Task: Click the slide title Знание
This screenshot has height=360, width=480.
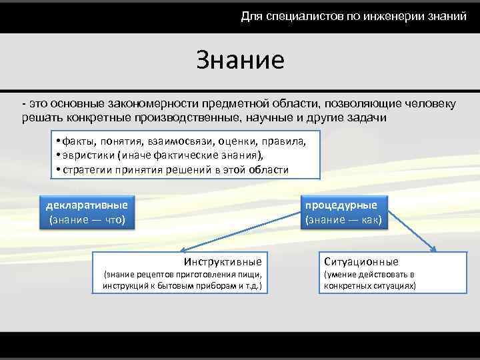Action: [x=240, y=60]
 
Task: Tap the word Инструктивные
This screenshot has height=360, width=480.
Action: [x=222, y=261]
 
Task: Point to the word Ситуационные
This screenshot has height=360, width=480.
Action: [x=361, y=261]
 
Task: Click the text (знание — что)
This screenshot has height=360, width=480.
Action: [x=87, y=219]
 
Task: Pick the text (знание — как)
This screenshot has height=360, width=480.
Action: [x=343, y=219]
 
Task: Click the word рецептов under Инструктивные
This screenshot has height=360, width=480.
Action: [x=161, y=275]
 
